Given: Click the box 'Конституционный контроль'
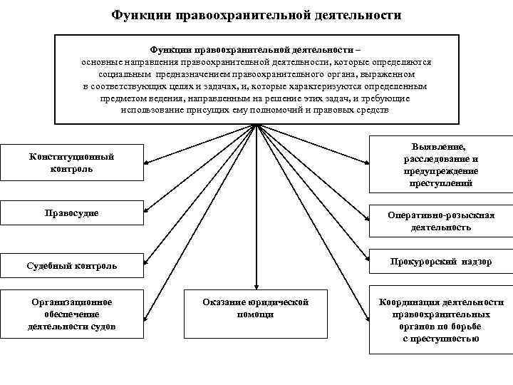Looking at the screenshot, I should click(x=71, y=163).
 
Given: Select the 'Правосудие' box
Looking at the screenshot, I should click(x=71, y=213).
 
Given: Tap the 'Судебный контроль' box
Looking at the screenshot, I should click(x=71, y=266).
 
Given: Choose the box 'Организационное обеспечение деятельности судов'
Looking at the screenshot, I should click(x=71, y=314).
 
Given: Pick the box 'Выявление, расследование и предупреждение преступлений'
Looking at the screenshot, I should click(x=440, y=164).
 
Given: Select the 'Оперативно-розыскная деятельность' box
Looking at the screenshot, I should click(x=440, y=222).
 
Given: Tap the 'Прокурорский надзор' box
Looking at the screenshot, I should click(x=440, y=262).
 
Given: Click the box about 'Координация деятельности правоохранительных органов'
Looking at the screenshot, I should click(x=440, y=320).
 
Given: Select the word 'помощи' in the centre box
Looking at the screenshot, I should click(x=256, y=314).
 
